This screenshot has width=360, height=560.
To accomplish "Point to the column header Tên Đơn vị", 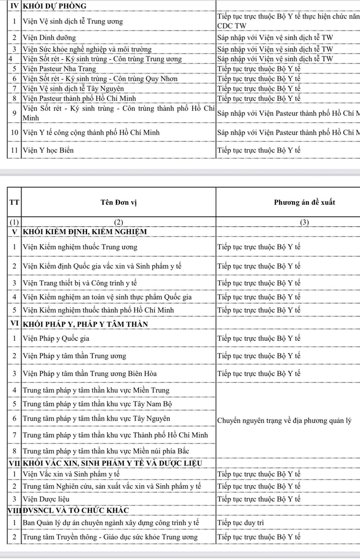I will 118,202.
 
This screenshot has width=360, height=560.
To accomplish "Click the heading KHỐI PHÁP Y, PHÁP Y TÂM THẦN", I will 84,324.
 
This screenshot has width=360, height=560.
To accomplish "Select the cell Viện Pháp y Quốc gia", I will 57,338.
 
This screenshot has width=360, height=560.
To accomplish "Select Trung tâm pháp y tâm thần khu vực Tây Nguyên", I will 96,418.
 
